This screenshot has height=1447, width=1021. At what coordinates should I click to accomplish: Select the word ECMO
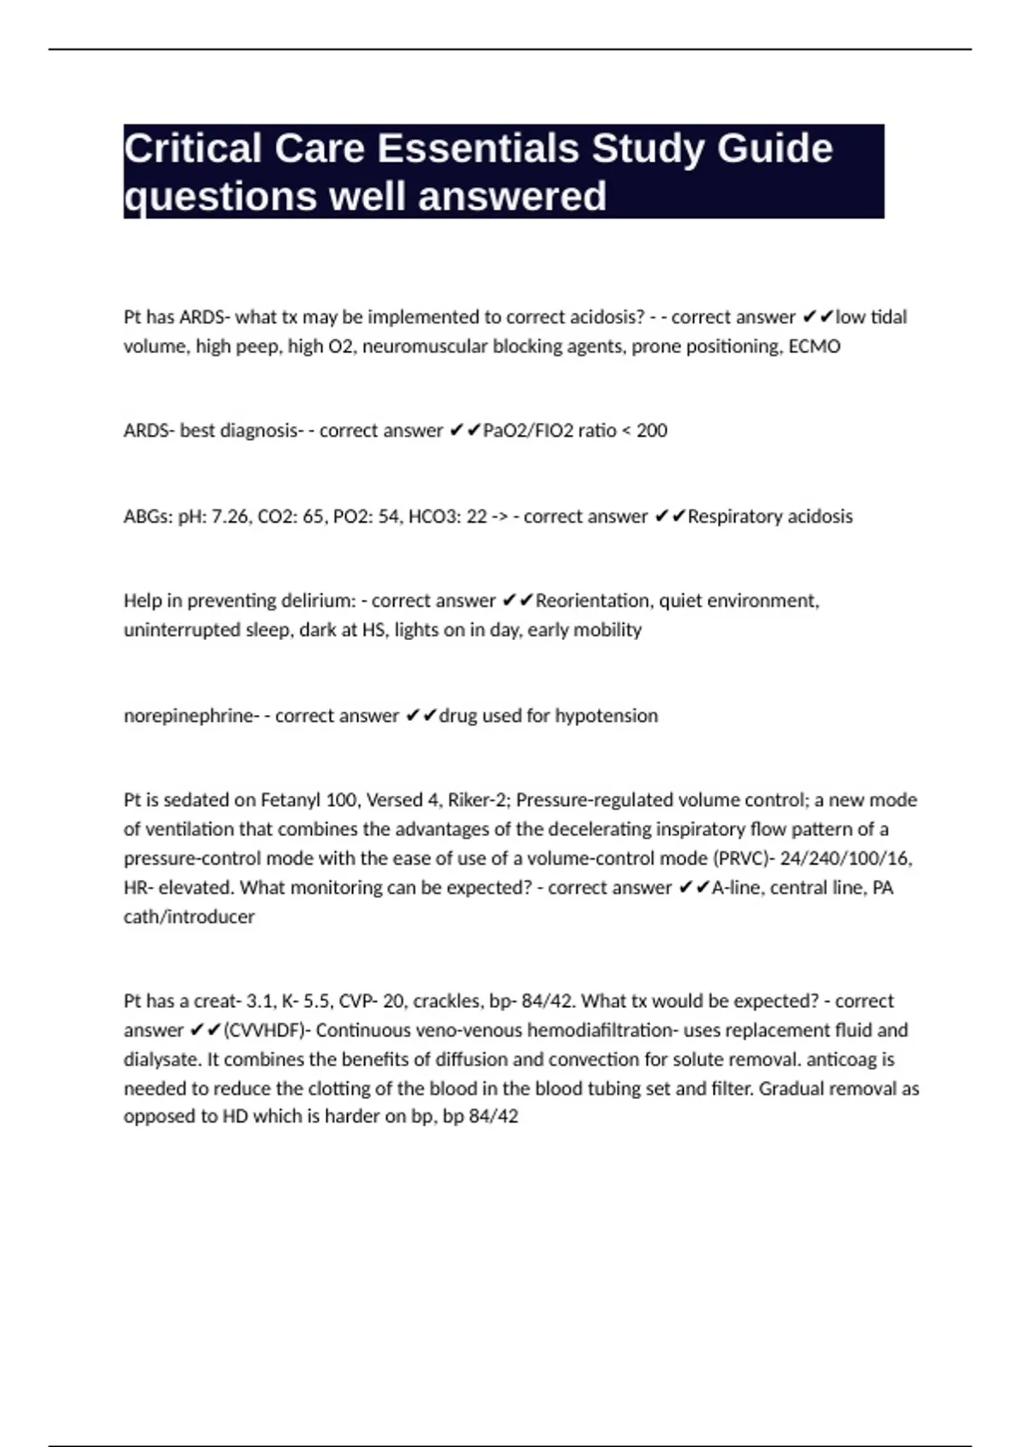coord(814,346)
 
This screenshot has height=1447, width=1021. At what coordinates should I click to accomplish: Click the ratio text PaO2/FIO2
coord(528,431)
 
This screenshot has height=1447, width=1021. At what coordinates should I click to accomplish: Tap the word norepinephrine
coord(188,716)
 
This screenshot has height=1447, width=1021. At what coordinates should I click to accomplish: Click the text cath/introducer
coord(189,917)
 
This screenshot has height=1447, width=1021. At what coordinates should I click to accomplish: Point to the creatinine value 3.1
coord(260,1001)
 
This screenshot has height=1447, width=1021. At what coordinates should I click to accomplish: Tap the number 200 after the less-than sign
coord(652,431)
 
